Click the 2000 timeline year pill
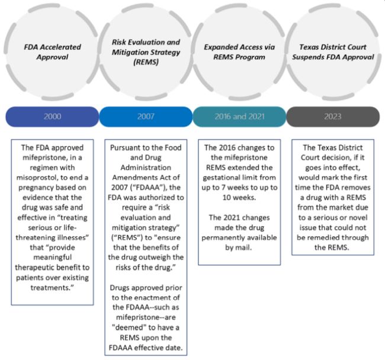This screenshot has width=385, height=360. [x=52, y=117]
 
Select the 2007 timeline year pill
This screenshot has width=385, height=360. [x=146, y=117]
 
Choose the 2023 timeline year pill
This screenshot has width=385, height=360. [x=332, y=117]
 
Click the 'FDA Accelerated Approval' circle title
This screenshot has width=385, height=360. [x=52, y=52]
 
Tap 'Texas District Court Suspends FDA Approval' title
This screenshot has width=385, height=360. [x=332, y=52]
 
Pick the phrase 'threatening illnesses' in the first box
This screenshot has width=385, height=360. [x=52, y=232]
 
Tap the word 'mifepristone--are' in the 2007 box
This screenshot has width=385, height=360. [x=146, y=317]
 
